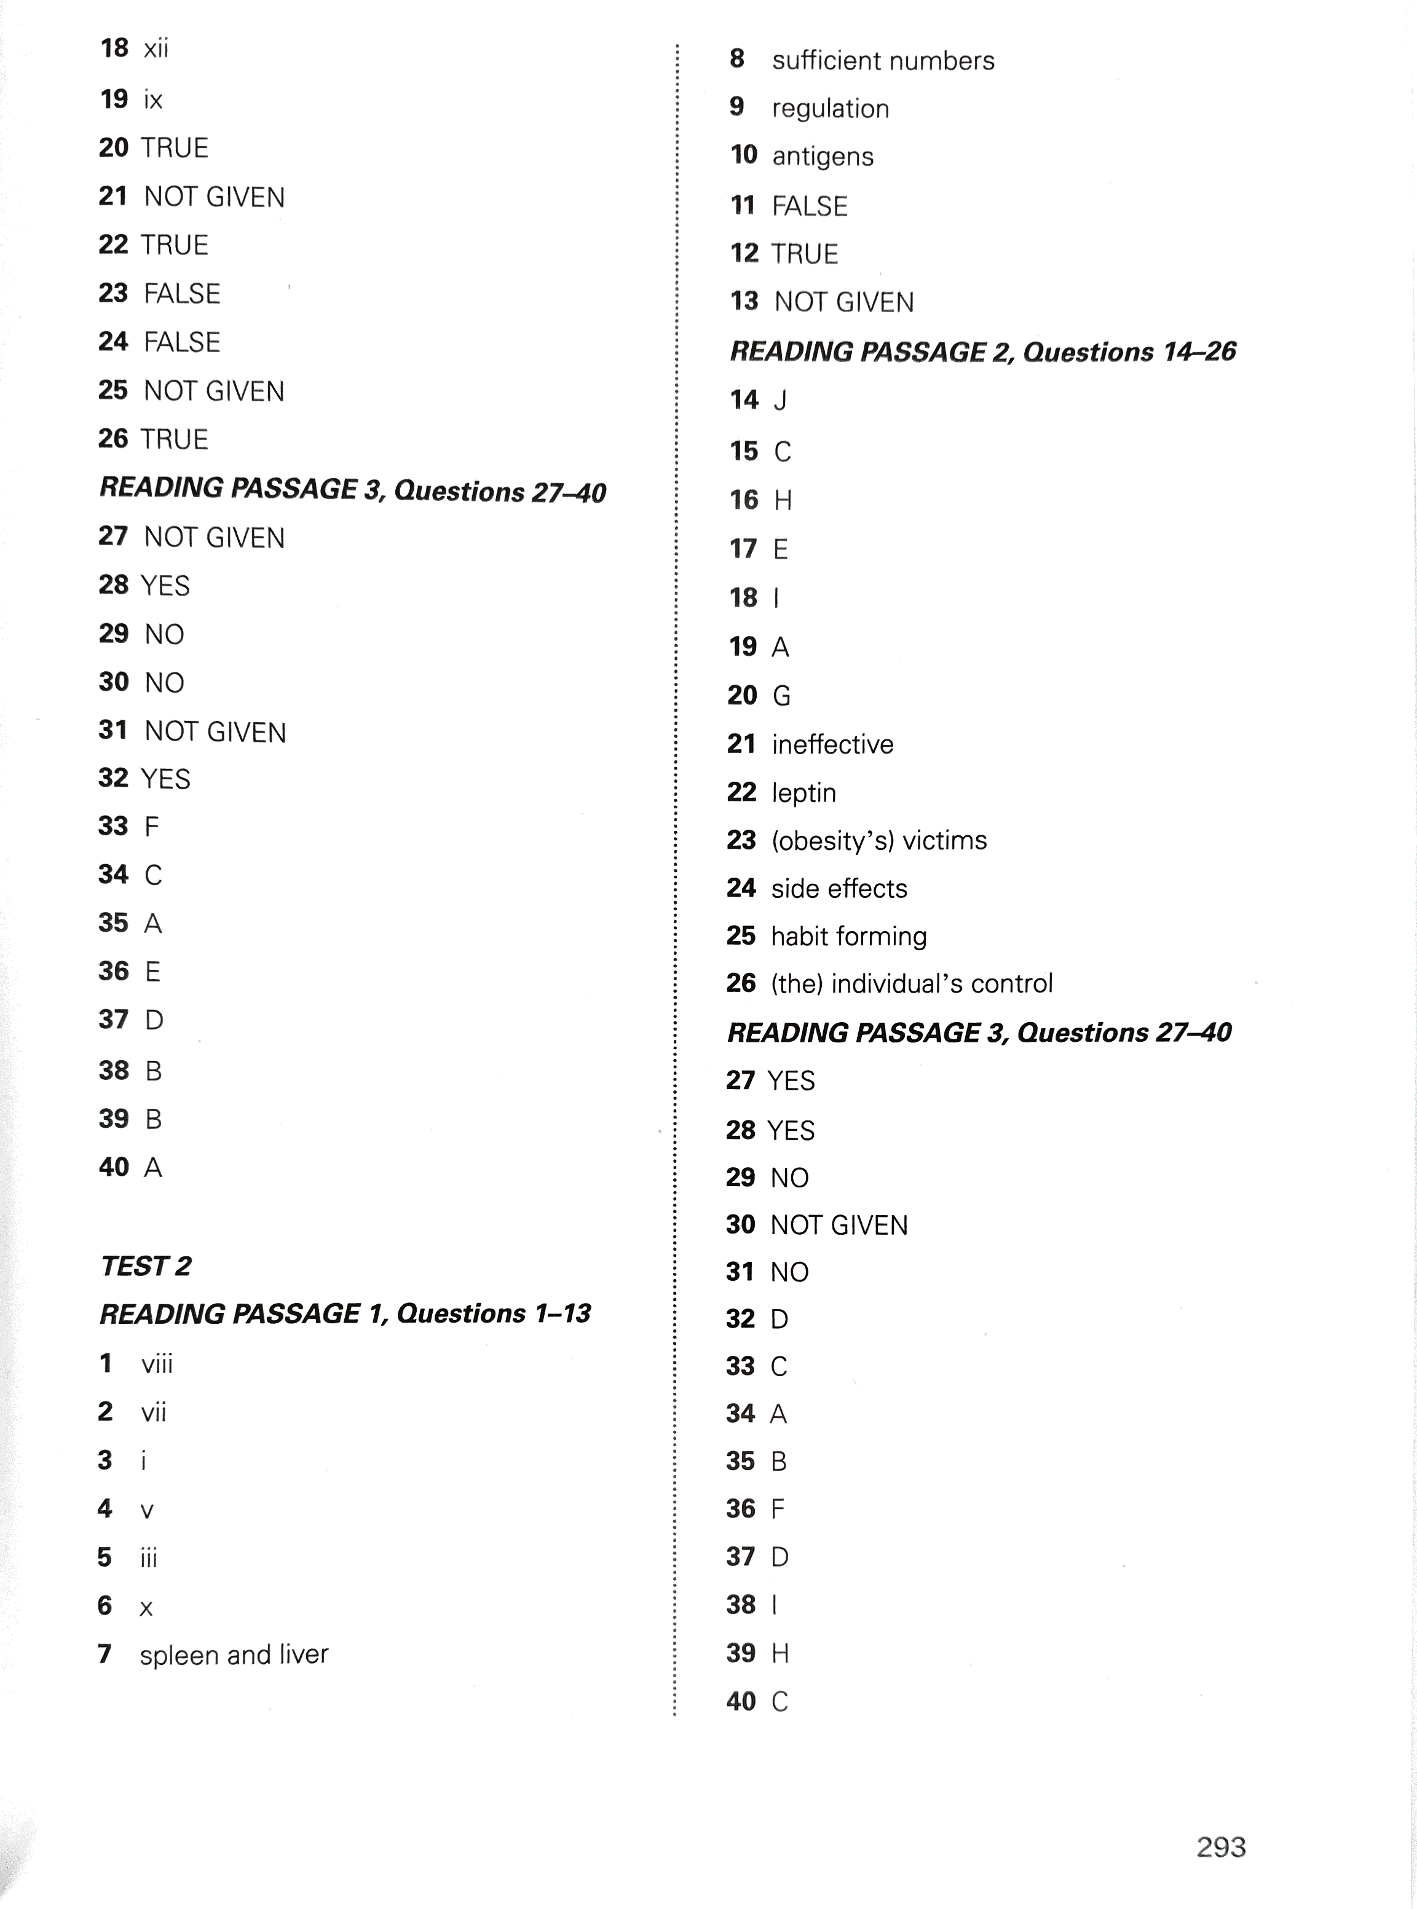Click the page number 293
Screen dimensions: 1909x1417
click(x=1220, y=1846)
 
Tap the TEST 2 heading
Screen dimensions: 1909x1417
click(x=146, y=1266)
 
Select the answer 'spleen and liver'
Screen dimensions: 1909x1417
click(x=234, y=1655)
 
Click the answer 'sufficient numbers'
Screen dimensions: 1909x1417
click(x=883, y=61)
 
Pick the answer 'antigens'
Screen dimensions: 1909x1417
click(x=822, y=157)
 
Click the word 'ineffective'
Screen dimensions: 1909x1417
click(x=832, y=744)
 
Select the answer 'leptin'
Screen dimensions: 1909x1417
click(x=803, y=792)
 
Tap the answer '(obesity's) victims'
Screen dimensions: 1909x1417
click(x=878, y=840)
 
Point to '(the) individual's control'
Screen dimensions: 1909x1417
click(x=911, y=983)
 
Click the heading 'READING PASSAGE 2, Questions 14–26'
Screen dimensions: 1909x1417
click(x=982, y=352)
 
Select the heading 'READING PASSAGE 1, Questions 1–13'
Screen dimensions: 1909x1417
click(x=345, y=1314)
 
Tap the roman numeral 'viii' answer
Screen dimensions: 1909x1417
click(x=157, y=1364)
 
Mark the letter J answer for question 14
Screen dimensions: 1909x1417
click(x=780, y=401)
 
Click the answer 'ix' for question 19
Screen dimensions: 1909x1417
click(x=152, y=100)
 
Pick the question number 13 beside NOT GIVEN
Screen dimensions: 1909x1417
click(x=744, y=301)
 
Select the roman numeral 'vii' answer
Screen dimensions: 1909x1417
click(x=154, y=1412)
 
